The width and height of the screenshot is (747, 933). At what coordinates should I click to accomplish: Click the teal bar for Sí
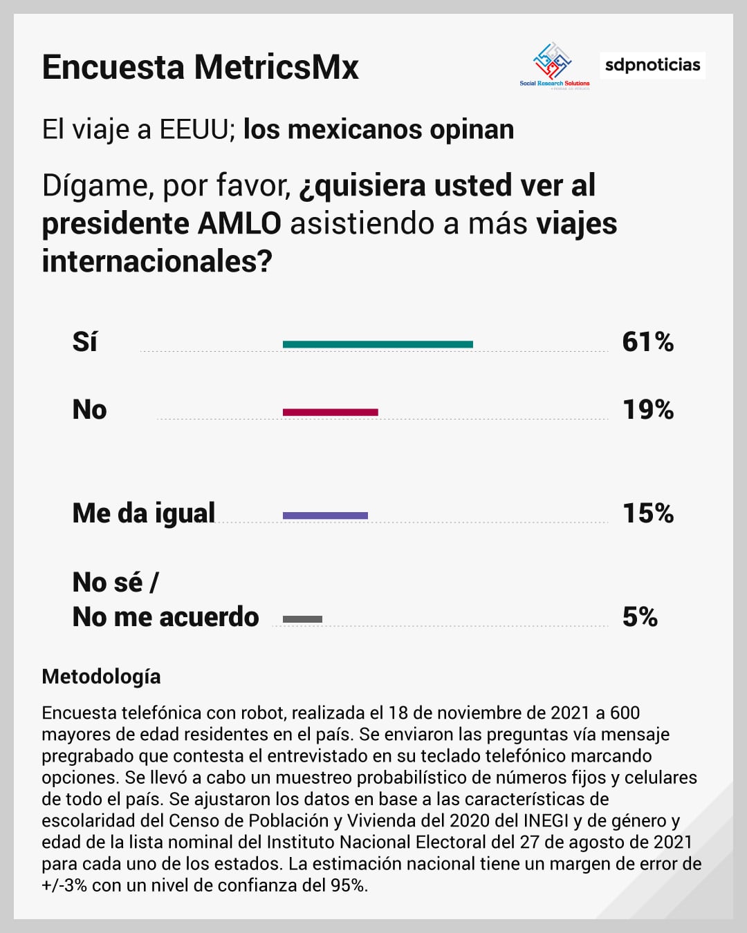point(378,344)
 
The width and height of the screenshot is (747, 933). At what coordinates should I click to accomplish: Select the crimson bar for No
point(330,413)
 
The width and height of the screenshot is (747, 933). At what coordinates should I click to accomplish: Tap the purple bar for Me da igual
point(325,516)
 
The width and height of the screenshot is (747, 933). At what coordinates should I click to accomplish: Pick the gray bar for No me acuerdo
point(302,619)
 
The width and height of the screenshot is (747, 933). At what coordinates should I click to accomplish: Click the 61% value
point(647,342)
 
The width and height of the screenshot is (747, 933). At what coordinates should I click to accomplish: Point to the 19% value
point(647,410)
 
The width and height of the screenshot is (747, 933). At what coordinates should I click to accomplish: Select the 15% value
point(647,513)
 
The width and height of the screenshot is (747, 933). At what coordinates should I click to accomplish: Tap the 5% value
point(640,617)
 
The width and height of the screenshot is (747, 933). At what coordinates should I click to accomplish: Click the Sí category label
point(84,342)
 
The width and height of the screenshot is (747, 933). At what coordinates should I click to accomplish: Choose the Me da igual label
point(144,513)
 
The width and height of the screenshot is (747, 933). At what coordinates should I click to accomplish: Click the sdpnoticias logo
point(652,65)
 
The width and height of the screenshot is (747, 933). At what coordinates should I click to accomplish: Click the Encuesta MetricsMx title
point(201,68)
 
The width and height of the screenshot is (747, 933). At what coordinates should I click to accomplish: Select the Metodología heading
point(101,677)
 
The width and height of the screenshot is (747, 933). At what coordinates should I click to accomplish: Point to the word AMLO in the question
point(239,224)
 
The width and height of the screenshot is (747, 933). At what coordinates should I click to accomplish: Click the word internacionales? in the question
point(157,262)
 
